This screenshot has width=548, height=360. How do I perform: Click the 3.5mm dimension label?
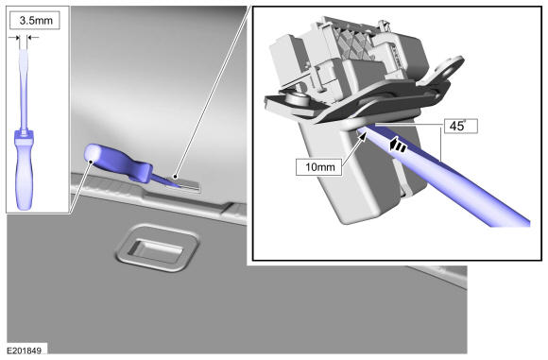click(x=36, y=20)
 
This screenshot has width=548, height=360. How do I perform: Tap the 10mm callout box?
click(x=319, y=166)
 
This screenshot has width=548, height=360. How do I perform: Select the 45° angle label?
click(x=460, y=126)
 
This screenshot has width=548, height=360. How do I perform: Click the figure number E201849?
click(x=25, y=351)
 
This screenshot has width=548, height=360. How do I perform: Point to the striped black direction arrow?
click(x=399, y=146)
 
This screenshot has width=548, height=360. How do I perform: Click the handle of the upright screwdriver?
click(x=25, y=169)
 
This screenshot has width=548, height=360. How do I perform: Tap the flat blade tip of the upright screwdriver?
click(x=23, y=52)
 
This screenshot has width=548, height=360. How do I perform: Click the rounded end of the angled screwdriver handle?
click(x=92, y=153)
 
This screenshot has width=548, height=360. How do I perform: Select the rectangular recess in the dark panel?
click(x=156, y=249)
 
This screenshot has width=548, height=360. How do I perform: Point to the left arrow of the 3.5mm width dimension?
click(x=14, y=38)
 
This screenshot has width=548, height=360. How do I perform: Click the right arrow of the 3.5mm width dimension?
click(x=33, y=38)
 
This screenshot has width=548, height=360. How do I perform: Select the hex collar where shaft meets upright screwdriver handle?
click(x=24, y=133)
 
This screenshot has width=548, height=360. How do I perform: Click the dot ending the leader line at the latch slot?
click(x=176, y=178)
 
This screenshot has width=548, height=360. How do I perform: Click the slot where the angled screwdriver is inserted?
click(x=184, y=184)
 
